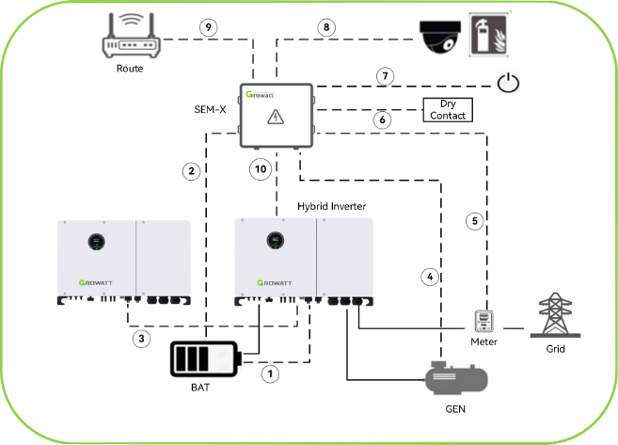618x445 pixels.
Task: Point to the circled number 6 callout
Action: [382, 120]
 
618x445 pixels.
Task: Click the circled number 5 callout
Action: [476, 221]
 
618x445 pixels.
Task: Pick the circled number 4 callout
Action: [430, 277]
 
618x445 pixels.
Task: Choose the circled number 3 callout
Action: [139, 338]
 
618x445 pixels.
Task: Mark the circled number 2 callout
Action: [192, 171]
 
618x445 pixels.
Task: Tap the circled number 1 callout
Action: [272, 373]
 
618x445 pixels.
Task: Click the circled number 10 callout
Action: [261, 169]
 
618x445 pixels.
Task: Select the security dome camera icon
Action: [438, 37]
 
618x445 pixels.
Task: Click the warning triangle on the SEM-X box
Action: [276, 117]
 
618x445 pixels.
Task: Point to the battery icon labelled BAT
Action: [205, 360]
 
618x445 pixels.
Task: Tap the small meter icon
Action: [484, 323]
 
